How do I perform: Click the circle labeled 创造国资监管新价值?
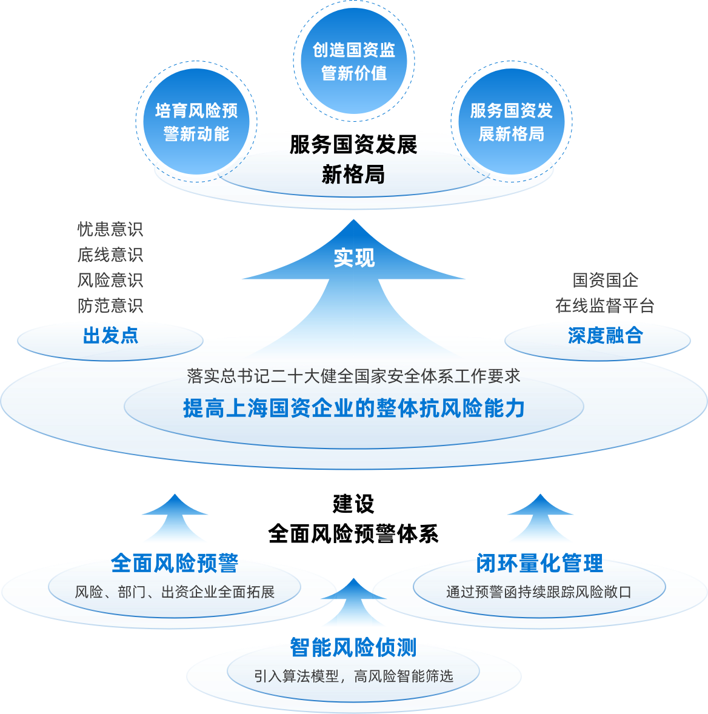click(353, 61)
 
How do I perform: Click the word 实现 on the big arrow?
click(354, 258)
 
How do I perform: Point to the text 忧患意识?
click(110, 229)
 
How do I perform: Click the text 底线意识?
click(110, 255)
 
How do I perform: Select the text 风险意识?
click(110, 280)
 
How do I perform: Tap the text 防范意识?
click(110, 305)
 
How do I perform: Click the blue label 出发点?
click(110, 335)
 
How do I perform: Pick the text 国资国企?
click(605, 280)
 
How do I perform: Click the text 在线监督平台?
click(604, 305)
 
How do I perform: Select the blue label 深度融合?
click(604, 335)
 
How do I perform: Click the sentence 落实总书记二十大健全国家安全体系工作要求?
click(353, 376)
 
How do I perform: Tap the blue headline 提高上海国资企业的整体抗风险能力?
click(353, 408)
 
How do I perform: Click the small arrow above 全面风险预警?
click(175, 519)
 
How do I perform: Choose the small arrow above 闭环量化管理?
click(539, 519)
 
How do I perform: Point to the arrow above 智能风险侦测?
click(353, 604)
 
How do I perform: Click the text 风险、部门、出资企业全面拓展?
click(175, 592)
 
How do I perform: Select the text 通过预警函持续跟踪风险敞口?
click(539, 592)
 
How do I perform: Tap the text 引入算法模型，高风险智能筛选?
click(353, 676)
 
